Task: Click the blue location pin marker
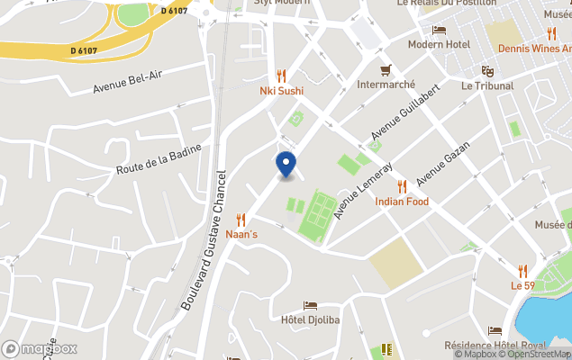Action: tap(286, 165)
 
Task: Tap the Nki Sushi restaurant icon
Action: tap(281, 76)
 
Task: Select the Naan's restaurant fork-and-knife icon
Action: tap(241, 220)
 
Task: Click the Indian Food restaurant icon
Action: tap(402, 186)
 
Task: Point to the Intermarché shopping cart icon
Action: tap(386, 70)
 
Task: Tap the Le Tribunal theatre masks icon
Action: tap(487, 71)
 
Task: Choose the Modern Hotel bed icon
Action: tap(439, 30)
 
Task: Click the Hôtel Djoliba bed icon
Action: tap(311, 306)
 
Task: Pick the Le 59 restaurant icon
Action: tap(522, 270)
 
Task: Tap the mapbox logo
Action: tap(40, 348)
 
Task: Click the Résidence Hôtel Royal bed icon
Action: tap(495, 331)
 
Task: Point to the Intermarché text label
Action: tap(386, 85)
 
